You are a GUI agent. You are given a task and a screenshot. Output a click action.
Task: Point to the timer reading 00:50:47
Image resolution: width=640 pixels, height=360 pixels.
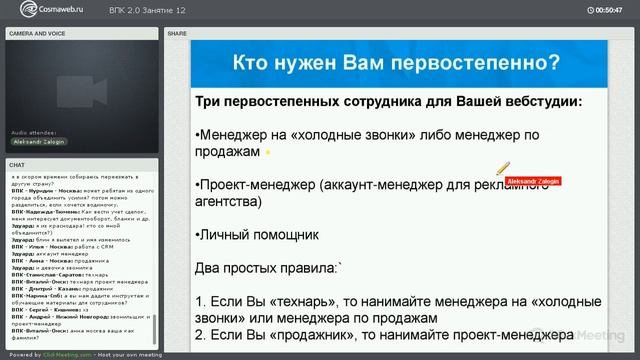pos(608,10)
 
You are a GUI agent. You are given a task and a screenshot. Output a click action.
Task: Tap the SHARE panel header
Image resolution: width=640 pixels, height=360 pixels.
pos(177,33)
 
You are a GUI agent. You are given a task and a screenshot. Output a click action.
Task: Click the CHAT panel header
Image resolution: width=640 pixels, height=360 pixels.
pos(17,164)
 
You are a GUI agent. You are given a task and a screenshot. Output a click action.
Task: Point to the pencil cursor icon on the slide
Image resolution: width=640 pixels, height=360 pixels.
pos(503,169)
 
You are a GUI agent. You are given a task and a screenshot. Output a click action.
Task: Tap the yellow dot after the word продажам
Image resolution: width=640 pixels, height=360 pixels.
pos(267,152)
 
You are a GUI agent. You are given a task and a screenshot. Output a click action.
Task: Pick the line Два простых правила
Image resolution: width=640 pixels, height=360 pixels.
pos(269,268)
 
